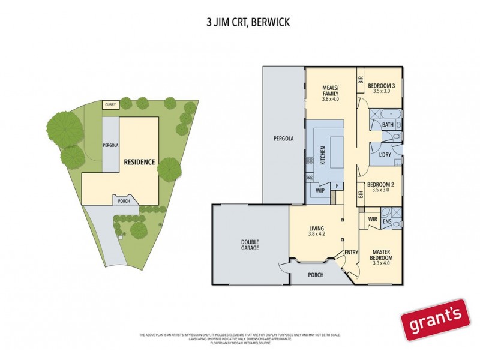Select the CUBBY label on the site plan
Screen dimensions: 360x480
pos(110,105)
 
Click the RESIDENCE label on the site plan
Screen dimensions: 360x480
pos(139,162)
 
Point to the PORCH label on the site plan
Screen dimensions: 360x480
pos(124,201)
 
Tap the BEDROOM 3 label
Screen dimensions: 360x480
pos(381,86)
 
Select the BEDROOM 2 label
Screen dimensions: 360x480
pos(380,184)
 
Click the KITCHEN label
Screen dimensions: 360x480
pos(322,155)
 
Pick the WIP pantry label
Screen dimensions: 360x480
pos(319,191)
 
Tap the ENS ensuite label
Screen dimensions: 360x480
pos(387,222)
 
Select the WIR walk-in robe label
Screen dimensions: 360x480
pos(372,219)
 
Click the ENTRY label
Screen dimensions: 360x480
pos(350,253)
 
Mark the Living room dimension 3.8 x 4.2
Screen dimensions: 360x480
pos(316,233)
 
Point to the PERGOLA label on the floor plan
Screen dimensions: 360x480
pos(283,139)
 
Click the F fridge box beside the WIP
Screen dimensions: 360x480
pos(337,187)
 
